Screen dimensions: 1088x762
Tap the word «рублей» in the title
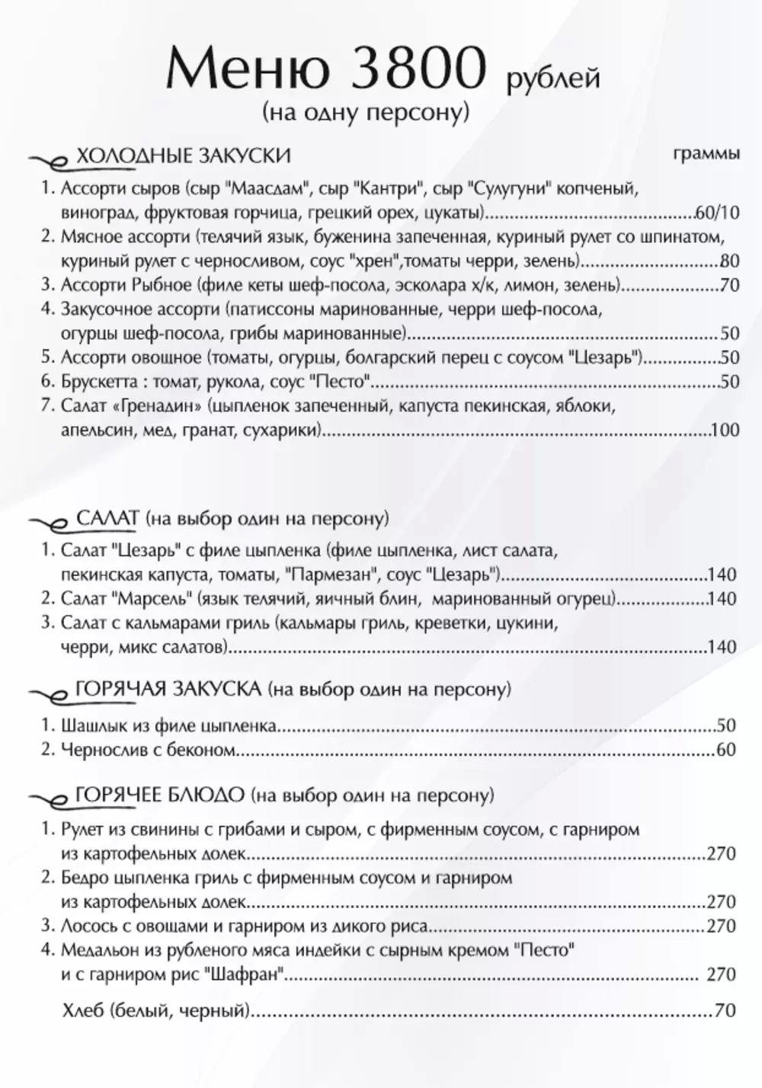(552, 78)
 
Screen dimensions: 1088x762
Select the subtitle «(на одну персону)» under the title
(365, 112)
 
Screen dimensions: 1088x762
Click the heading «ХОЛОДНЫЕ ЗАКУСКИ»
(184, 156)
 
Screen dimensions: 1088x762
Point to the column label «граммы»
(706, 154)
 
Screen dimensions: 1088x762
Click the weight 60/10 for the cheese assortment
(718, 212)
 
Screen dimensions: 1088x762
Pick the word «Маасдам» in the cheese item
(271, 187)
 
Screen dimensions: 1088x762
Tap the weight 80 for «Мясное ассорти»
(729, 261)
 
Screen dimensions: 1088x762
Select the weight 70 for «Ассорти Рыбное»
(729, 286)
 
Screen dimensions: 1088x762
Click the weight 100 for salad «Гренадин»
(725, 430)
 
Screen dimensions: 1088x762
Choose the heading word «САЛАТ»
(108, 519)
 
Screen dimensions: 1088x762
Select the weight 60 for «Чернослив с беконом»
(726, 750)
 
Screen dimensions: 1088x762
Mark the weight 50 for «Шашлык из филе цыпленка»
(726, 725)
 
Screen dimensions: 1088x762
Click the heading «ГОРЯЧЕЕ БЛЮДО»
(161, 795)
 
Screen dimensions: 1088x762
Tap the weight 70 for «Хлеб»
(726, 1012)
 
